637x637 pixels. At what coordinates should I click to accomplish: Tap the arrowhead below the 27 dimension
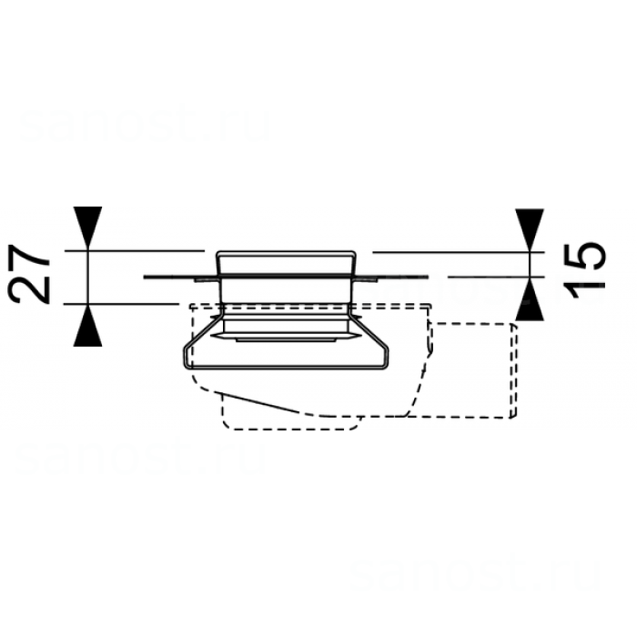(88, 325)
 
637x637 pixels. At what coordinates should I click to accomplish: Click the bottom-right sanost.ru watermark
(475, 573)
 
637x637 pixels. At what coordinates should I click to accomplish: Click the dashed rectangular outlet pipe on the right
(473, 369)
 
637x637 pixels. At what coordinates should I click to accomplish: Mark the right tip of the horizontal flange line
(428, 275)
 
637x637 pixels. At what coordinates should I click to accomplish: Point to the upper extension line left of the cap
(146, 249)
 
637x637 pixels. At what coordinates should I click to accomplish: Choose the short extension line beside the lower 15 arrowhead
(482, 275)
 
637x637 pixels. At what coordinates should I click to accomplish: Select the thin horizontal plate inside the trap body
(283, 338)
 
